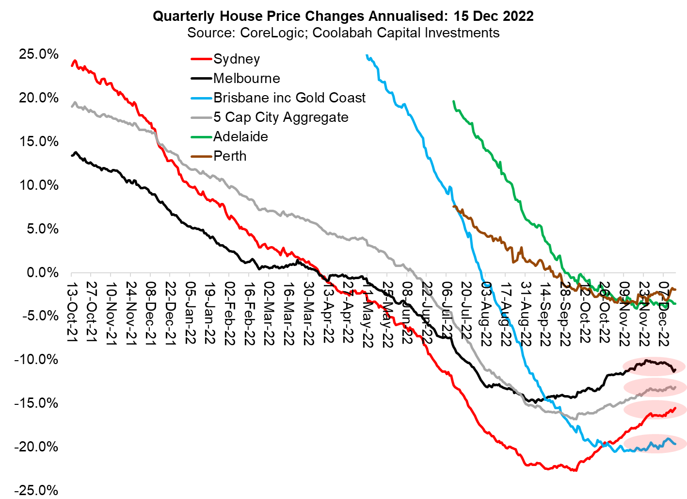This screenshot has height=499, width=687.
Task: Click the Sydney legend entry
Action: pyautogui.click(x=236, y=59)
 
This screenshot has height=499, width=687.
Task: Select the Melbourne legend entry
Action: pyautogui.click(x=246, y=79)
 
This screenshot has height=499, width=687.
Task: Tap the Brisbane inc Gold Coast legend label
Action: pyautogui.click(x=289, y=98)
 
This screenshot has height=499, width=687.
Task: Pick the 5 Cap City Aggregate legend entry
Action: pyautogui.click(x=281, y=117)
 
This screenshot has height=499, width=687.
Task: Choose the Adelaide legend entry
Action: pyautogui.click(x=240, y=137)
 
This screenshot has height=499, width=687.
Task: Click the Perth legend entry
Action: pyautogui.click(x=230, y=156)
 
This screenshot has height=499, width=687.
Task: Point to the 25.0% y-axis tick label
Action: pyautogui.click(x=39, y=54)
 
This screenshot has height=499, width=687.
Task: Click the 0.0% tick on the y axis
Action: pyautogui.click(x=42, y=273)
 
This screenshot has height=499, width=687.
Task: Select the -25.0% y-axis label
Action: pyautogui.click(x=36, y=490)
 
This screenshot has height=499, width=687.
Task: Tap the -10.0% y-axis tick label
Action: pyautogui.click(x=36, y=360)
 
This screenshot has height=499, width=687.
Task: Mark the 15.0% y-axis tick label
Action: pyautogui.click(x=39, y=142)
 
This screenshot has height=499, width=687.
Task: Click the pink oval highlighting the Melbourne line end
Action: pyautogui.click(x=654, y=366)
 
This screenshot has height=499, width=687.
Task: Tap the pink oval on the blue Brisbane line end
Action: pyautogui.click(x=655, y=443)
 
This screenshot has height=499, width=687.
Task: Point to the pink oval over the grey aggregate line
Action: pyautogui.click(x=655, y=387)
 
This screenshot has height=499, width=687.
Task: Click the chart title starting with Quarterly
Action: pyautogui.click(x=343, y=16)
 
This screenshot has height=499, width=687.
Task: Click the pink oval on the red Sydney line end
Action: pyautogui.click(x=655, y=409)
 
